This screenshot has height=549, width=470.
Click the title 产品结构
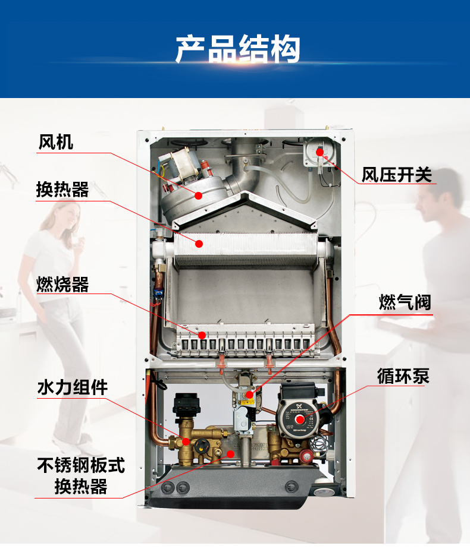tap(237, 49)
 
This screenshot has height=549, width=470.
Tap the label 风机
tap(56, 142)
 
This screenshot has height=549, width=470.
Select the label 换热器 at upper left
tap(62, 190)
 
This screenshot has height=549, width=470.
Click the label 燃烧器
tap(62, 285)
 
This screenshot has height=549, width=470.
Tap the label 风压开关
tap(397, 175)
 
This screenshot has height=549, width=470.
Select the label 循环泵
tap(403, 376)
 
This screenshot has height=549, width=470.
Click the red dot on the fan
tap(198, 195)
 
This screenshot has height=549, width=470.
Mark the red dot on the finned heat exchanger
tap(200, 243)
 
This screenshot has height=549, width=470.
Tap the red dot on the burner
tap(202, 335)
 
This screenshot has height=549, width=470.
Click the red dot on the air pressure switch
tap(319, 152)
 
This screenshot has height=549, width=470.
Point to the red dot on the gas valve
tap(250, 395)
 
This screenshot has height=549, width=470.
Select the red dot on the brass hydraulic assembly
tap(186, 441)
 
